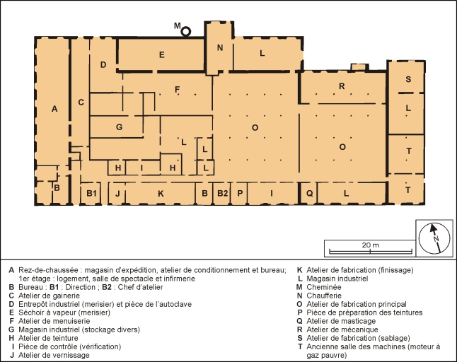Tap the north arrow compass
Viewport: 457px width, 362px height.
pos(434,238)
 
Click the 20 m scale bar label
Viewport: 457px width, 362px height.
pos(371,245)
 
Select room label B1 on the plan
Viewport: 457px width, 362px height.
pos(91,193)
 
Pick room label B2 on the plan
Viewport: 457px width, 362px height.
pos(222,193)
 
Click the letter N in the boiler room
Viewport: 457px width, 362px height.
pos(220,47)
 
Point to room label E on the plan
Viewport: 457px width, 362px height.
pos(162,54)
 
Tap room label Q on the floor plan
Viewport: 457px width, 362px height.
pos(309,193)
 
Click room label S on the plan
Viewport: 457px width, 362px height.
pos(408,79)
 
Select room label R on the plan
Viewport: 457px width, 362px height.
pos(342,86)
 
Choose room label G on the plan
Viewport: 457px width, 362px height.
pos(119,127)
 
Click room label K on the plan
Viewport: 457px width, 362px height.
pos(161,194)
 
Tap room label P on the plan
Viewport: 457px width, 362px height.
pos(240,193)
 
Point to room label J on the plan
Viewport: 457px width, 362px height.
pos(117,194)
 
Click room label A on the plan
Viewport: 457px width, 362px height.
pos(54,109)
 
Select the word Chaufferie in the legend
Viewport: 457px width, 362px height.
pos(324,296)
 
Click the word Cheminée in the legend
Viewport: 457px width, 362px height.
pos(323,287)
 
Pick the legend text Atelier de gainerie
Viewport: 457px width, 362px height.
pos(49,296)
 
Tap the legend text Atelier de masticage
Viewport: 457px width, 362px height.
pos(341,321)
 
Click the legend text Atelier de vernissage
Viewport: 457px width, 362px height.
pos(54,356)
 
